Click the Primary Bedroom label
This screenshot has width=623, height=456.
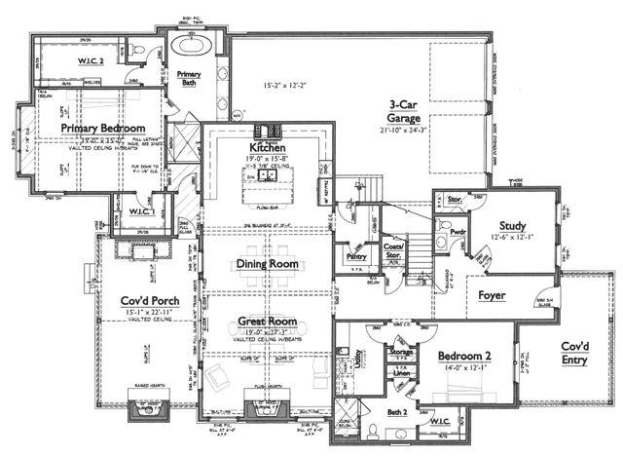tap(102, 128)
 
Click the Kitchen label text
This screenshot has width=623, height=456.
tap(267, 147)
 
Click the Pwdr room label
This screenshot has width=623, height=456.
tap(457, 232)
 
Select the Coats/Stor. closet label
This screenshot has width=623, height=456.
tap(395, 254)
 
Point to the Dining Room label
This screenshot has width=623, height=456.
tap(267, 264)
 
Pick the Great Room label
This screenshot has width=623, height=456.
tap(267, 321)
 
